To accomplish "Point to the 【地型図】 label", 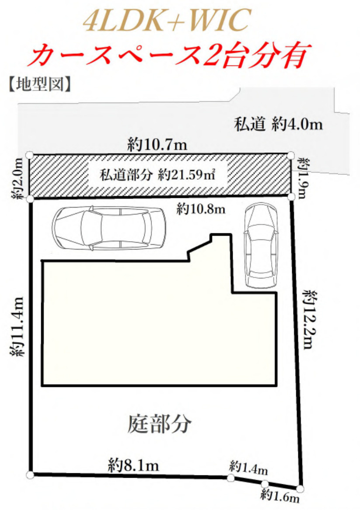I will [x=39, y=84].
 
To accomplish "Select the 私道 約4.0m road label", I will [x=278, y=125].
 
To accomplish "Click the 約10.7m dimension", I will [x=157, y=145].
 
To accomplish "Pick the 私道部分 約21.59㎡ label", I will [x=158, y=175].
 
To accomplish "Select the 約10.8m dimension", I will [x=201, y=209].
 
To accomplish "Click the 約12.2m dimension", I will [x=311, y=319].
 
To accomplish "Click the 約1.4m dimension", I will [x=248, y=468].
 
